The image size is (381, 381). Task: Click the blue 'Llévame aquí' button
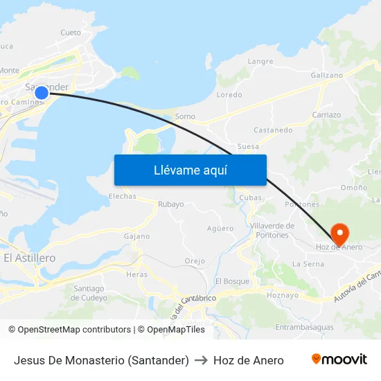pyautogui.click(x=190, y=170)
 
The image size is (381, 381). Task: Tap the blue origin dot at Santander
pyautogui.click(x=42, y=92)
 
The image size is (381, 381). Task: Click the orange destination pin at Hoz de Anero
pyautogui.click(x=340, y=233)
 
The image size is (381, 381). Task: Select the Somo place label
pyautogui.click(x=185, y=116)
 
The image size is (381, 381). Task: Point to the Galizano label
pyautogui.click(x=327, y=75)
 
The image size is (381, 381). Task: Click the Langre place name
pyautogui.click(x=260, y=61)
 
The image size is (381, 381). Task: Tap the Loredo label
pyautogui.click(x=229, y=94)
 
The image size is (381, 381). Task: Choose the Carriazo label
pyautogui.click(x=326, y=114)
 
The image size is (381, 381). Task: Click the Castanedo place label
pyautogui.click(x=273, y=130)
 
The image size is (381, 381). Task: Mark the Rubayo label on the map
pyautogui.click(x=171, y=204)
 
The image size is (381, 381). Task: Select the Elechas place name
pyautogui.click(x=122, y=196)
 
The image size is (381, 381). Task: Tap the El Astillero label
pyautogui.click(x=29, y=258)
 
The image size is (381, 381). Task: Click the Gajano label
pyautogui.click(x=136, y=236)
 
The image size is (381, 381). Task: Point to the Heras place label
pyautogui.click(x=136, y=274)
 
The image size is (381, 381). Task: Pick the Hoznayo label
pyautogui.click(x=282, y=294)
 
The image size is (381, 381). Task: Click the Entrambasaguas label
pyautogui.click(x=304, y=327)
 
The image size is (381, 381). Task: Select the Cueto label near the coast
pyautogui.click(x=71, y=32)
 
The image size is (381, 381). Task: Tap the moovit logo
pyautogui.click(x=339, y=360)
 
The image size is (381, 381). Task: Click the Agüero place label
pyautogui.click(x=220, y=228)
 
